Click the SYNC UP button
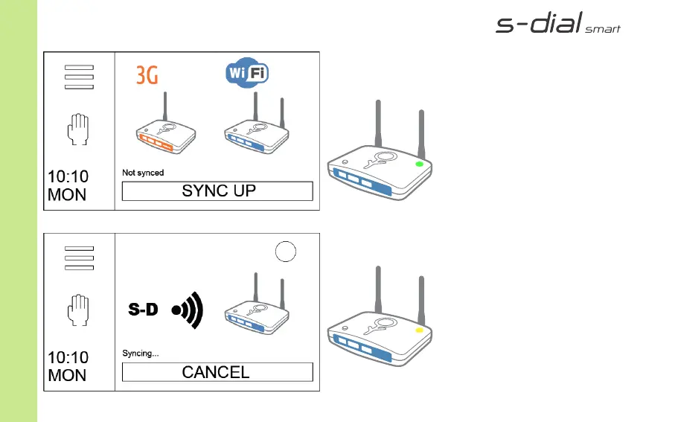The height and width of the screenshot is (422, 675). coord(217,191)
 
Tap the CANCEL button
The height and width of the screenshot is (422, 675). coord(217,372)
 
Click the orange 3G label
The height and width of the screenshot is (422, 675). coord(147,75)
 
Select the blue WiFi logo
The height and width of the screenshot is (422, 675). coord(247,74)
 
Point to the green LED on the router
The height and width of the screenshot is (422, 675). coord(419,164)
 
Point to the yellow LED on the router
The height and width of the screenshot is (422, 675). coord(419,330)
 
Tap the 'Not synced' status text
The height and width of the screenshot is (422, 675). coord(143,173)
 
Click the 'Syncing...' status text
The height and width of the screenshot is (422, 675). coord(140,354)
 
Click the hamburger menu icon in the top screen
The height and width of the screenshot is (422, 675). coord(79,77)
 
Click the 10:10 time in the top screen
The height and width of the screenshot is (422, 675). coord(68,176)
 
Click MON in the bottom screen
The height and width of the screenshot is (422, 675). coord(67,375)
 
